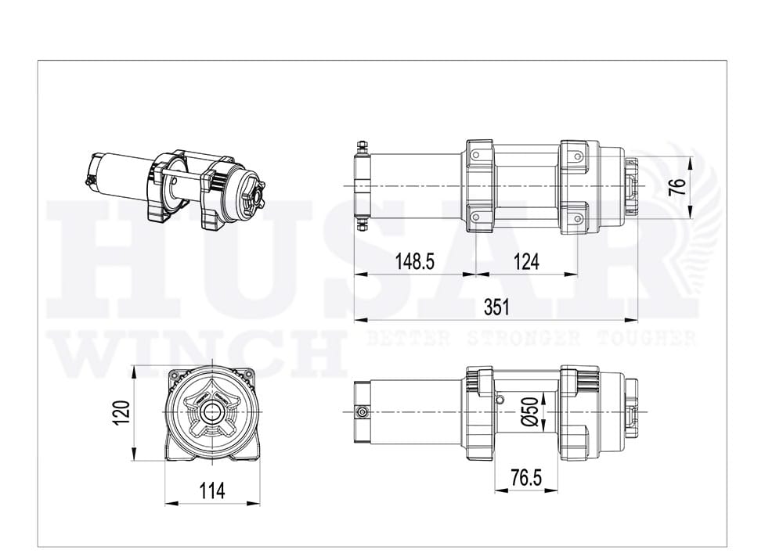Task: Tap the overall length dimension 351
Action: click(496, 307)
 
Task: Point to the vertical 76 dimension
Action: click(678, 187)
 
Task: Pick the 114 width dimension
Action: click(211, 490)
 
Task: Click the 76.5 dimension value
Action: click(525, 478)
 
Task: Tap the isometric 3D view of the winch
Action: click(175, 189)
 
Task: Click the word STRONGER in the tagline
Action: click(517, 339)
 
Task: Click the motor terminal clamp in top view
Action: click(362, 186)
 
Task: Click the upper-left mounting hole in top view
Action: click(476, 155)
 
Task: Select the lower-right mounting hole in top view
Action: click(578, 217)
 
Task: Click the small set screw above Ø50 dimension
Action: click(500, 399)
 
